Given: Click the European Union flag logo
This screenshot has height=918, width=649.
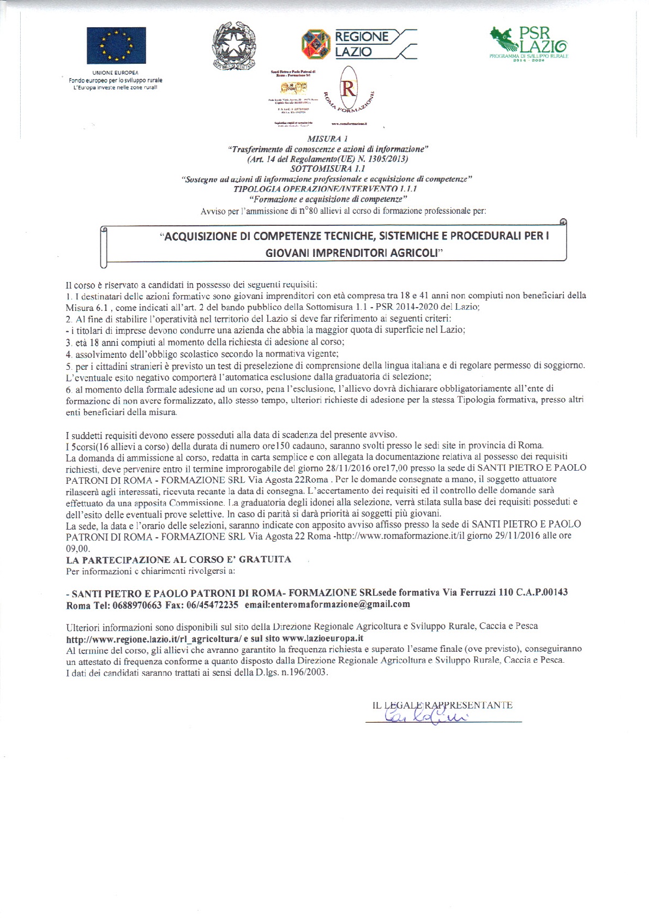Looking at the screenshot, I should tap(116, 45).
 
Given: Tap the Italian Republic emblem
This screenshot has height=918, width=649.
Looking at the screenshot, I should tap(234, 46).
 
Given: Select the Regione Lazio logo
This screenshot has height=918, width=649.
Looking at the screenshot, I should tap(358, 44).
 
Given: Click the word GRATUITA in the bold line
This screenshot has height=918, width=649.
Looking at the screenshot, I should tap(265, 560).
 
